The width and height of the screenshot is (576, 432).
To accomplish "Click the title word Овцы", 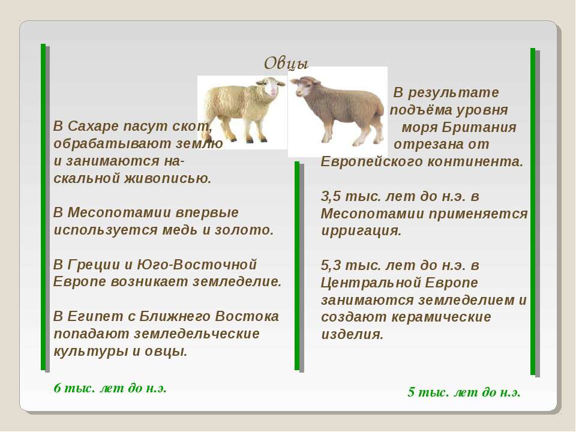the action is pyautogui.click(x=286, y=63).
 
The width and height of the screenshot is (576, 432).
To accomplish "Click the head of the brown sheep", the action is pyautogui.click(x=304, y=86).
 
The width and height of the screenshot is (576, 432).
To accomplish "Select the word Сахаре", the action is pyautogui.click(x=94, y=127).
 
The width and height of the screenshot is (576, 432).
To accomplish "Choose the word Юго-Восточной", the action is pyautogui.click(x=197, y=265).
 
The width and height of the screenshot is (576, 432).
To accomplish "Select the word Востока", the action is pyautogui.click(x=247, y=316).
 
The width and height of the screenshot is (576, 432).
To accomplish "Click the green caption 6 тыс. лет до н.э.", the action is pyautogui.click(x=110, y=388).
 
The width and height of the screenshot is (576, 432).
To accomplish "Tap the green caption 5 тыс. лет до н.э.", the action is pyautogui.click(x=464, y=392).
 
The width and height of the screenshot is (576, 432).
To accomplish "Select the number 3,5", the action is pyautogui.click(x=331, y=197).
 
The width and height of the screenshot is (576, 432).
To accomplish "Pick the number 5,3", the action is pyautogui.click(x=331, y=266).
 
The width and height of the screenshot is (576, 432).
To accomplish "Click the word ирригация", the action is pyautogui.click(x=361, y=231).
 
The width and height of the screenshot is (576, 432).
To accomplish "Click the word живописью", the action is pyautogui.click(x=168, y=179).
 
